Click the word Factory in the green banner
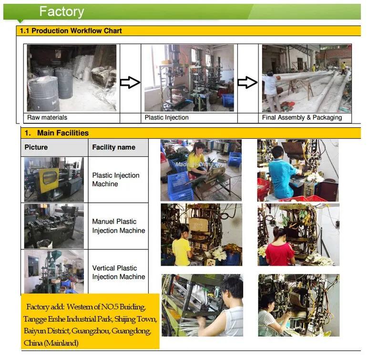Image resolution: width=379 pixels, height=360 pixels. tap(61, 11)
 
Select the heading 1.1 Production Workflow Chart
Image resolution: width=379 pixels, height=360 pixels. tap(71, 31)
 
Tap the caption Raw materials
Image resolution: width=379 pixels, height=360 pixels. tap(47, 117)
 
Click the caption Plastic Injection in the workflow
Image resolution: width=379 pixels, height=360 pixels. tap(166, 117)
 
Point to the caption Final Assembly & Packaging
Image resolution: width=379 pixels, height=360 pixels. tap(302, 117)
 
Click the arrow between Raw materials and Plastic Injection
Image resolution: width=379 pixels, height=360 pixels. tap(130, 83)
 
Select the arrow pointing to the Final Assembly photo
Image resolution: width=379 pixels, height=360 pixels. tap(247, 82)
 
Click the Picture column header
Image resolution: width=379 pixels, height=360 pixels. tap(36, 147)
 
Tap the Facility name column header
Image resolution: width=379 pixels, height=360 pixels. tap(113, 147)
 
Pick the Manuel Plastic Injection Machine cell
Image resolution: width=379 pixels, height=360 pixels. tap(118, 226)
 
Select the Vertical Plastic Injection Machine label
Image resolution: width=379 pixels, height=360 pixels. tap(118, 272)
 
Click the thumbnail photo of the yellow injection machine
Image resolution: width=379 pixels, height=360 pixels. tap(54, 179)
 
